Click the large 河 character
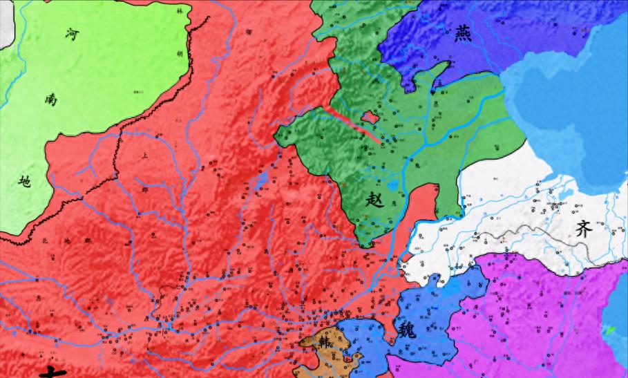(x=72, y=35)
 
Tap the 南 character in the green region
(x=51, y=100)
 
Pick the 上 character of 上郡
(x=144, y=156)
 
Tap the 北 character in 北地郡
(x=45, y=241)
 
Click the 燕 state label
(x=463, y=34)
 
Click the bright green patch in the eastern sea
(x=611, y=330)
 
